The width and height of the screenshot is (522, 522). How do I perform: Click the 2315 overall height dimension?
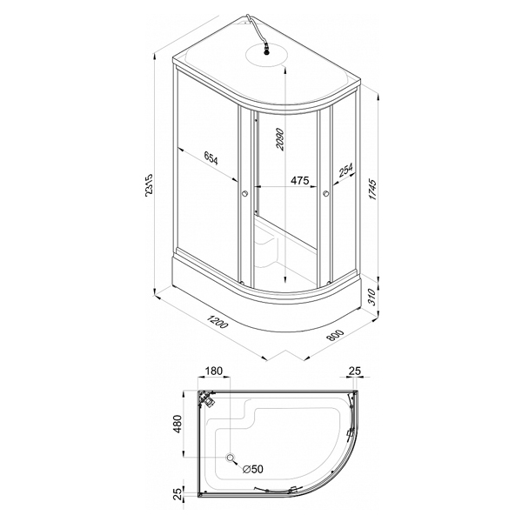[149, 185]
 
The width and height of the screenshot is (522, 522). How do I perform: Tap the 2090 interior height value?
[280, 139]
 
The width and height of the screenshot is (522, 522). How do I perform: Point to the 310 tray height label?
[371, 298]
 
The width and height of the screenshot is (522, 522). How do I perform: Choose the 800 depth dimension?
[335, 336]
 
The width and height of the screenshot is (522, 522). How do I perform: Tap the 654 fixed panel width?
[211, 158]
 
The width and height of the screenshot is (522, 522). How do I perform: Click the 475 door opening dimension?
[300, 180]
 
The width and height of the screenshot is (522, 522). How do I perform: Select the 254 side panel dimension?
[346, 171]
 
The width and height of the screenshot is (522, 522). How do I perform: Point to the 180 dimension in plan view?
[213, 371]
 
